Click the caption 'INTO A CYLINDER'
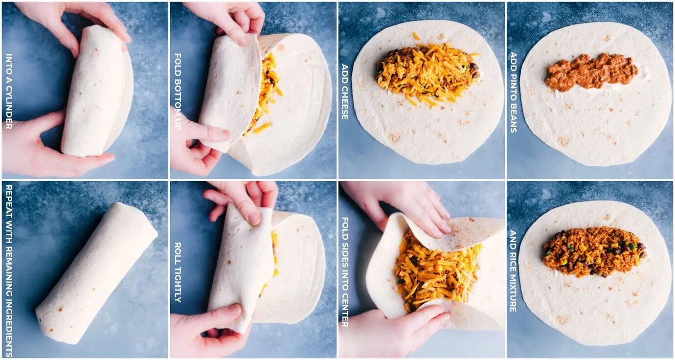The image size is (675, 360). click(9, 91)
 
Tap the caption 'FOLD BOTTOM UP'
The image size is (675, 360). click(178, 91)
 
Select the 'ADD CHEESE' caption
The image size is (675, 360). click(345, 91)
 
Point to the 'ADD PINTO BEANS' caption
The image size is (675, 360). click(514, 92)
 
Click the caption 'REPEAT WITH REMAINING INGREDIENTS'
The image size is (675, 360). click(9, 270)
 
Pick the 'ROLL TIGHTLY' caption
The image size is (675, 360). click(178, 272)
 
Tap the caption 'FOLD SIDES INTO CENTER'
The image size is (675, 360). click(345, 272)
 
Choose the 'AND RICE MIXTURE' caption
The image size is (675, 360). click(514, 271)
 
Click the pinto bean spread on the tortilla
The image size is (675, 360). click(591, 72)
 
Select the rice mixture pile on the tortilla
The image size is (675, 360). click(594, 251)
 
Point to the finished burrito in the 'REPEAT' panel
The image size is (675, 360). click(96, 272)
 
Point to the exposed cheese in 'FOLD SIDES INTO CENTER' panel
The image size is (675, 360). click(437, 271)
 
